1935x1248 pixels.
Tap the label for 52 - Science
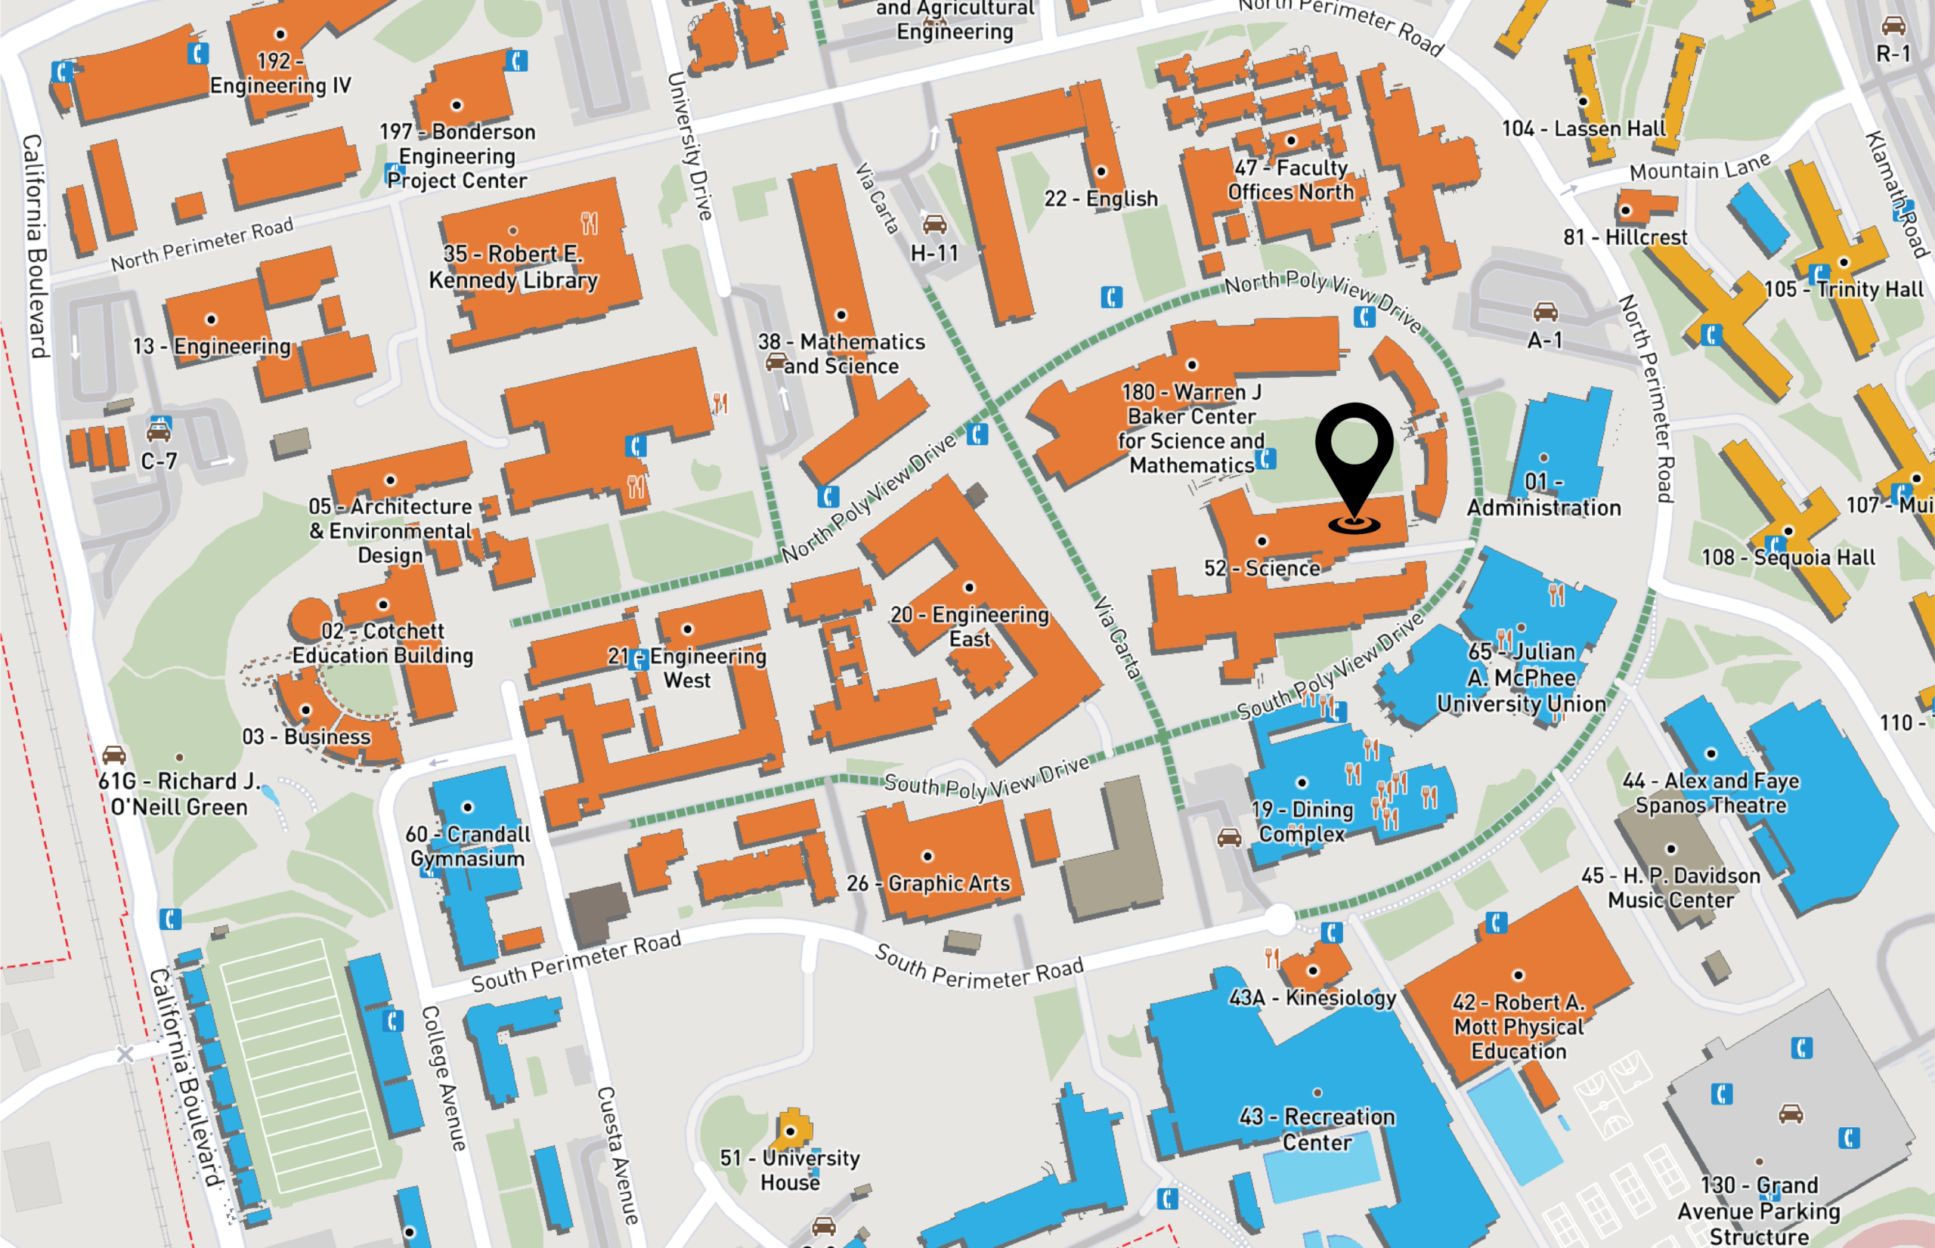click(1262, 567)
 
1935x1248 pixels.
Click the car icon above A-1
click(1545, 311)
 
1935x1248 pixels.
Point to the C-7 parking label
click(158, 461)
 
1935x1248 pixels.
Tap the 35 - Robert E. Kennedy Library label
click(513, 267)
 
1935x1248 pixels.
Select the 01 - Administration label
click(1543, 495)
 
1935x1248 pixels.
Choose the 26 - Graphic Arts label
click(928, 883)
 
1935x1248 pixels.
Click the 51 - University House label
click(790, 1170)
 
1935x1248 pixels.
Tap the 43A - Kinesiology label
click(1312, 998)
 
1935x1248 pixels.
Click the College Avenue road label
click(444, 1078)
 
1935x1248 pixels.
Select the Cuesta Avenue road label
click(618, 1155)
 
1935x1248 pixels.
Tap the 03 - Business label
click(306, 737)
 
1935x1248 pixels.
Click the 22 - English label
click(1101, 199)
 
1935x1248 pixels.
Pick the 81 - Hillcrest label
click(1624, 237)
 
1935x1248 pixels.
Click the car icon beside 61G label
click(114, 755)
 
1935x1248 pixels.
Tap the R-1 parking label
click(1893, 54)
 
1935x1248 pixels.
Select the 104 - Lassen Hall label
click(1584, 129)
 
